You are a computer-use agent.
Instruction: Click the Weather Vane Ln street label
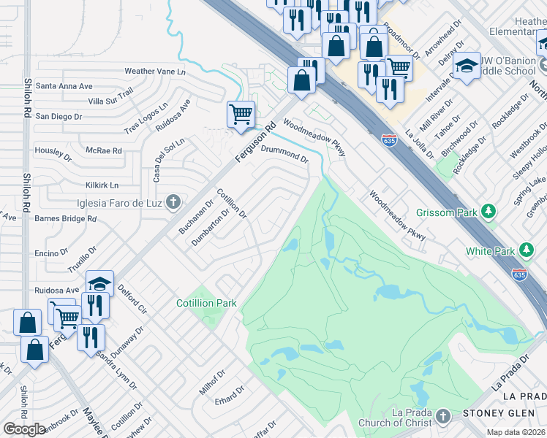tap(155, 72)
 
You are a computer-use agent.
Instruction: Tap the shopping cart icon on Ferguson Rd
tap(241, 114)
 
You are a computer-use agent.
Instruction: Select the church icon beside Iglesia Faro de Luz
tap(173, 201)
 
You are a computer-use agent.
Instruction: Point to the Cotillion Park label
tap(206, 303)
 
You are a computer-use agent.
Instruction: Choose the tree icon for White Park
tap(526, 251)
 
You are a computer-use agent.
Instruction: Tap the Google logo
tap(24, 429)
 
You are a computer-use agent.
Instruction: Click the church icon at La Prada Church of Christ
tap(442, 417)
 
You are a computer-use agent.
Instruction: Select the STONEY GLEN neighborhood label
tap(494, 414)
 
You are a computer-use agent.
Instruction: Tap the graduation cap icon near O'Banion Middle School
tap(466, 66)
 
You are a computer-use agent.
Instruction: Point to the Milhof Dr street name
tap(211, 381)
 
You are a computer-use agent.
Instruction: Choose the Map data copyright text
tap(516, 431)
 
